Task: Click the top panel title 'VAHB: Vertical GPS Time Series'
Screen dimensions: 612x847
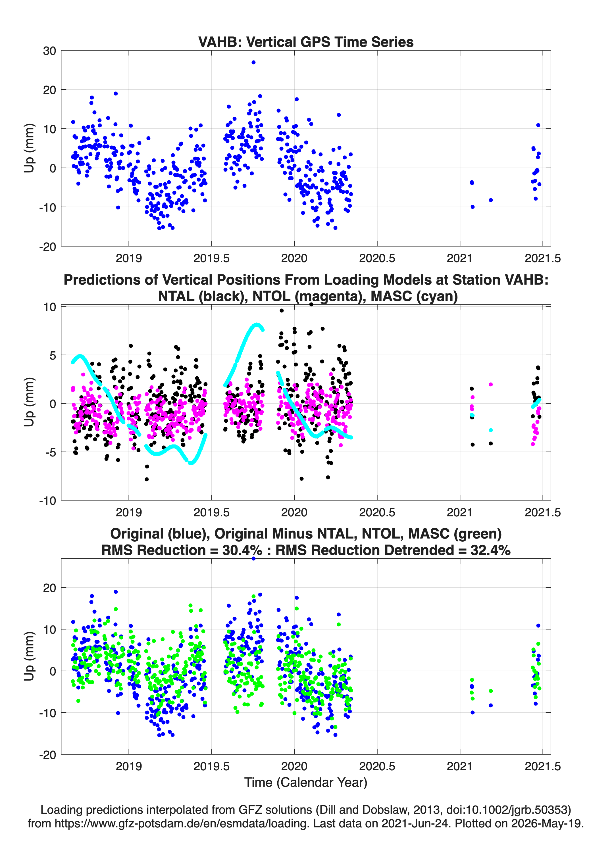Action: [306, 42]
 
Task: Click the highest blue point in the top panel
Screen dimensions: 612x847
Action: [253, 62]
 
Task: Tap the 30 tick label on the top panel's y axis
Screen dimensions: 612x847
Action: [49, 51]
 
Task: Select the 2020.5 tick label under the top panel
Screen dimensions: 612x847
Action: [377, 258]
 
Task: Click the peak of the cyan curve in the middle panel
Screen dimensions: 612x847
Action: [256, 325]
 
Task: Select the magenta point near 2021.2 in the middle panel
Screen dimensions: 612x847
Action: [491, 384]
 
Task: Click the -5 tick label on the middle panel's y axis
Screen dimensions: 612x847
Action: [50, 452]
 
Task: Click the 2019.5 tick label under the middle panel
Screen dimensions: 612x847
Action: [211, 512]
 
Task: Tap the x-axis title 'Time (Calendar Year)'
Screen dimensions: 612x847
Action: [306, 783]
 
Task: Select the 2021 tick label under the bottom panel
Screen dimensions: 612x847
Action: [459, 766]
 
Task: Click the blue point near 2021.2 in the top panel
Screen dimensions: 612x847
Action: [491, 200]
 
